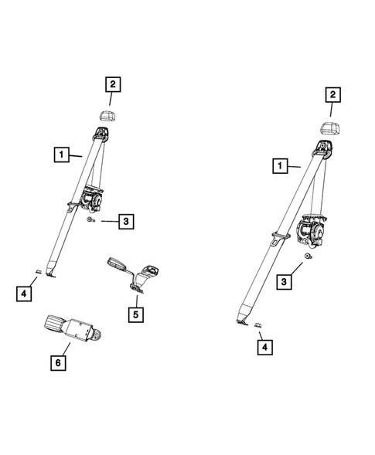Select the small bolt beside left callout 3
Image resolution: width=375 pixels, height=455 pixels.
92,221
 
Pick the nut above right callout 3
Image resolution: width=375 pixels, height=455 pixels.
308,256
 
